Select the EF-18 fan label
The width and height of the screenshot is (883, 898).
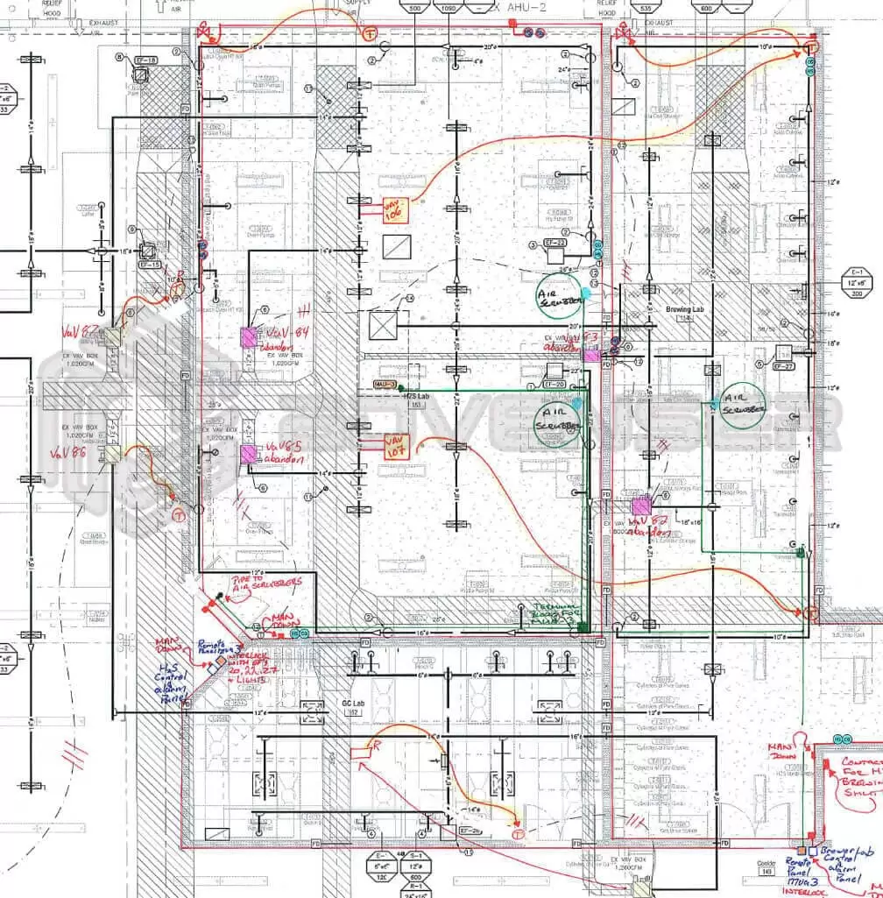tap(145, 60)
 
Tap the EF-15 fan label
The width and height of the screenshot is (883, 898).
tap(150, 265)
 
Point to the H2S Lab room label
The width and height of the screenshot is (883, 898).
tap(414, 397)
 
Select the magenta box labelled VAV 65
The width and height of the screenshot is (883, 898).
tap(249, 453)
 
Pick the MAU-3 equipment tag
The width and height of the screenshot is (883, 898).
tap(384, 385)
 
